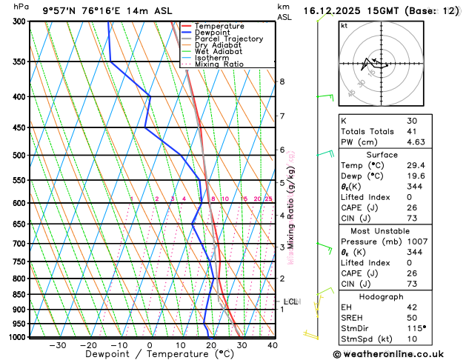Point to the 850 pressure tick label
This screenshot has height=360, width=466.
[x=15, y=295]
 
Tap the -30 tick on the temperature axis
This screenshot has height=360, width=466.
[x=57, y=345]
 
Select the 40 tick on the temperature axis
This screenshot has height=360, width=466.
[x=273, y=345]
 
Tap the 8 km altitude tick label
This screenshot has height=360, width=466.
[x=282, y=81]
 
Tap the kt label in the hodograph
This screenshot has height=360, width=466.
[x=344, y=26]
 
